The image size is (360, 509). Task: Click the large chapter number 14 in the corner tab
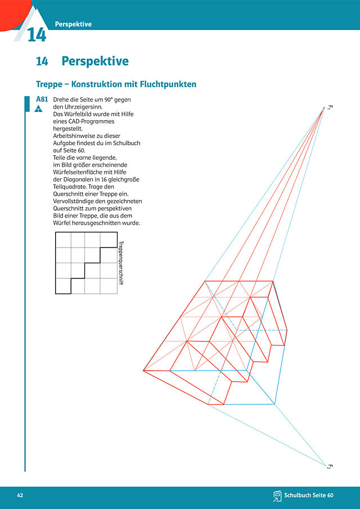point(37,35)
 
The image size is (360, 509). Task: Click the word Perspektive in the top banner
point(73,24)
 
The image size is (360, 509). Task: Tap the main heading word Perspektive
point(95,61)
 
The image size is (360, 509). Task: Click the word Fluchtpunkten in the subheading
point(168,84)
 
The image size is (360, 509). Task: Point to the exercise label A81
point(42,100)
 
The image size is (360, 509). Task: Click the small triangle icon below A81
point(39,109)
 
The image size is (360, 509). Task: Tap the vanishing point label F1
point(330,108)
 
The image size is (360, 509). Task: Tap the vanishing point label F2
point(329,466)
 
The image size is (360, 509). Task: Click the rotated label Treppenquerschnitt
point(121,263)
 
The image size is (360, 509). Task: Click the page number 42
point(20,496)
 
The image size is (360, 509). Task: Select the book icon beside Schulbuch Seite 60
point(277,496)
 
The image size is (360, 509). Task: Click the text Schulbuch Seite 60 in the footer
point(309,496)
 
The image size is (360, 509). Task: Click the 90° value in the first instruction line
point(109,100)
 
